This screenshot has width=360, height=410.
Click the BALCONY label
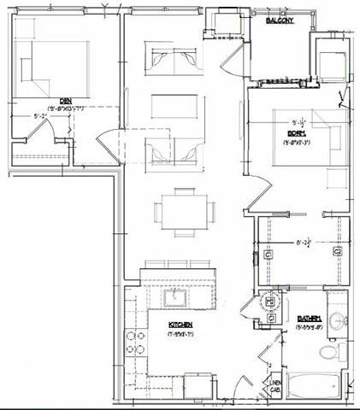[x=282, y=20]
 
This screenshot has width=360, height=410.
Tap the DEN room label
[x=40, y=100]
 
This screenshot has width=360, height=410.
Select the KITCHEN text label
[x=179, y=325]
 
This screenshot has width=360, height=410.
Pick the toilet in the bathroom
[x=328, y=352]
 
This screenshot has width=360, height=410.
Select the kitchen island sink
[x=178, y=296]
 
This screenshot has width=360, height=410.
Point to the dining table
[x=180, y=210]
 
